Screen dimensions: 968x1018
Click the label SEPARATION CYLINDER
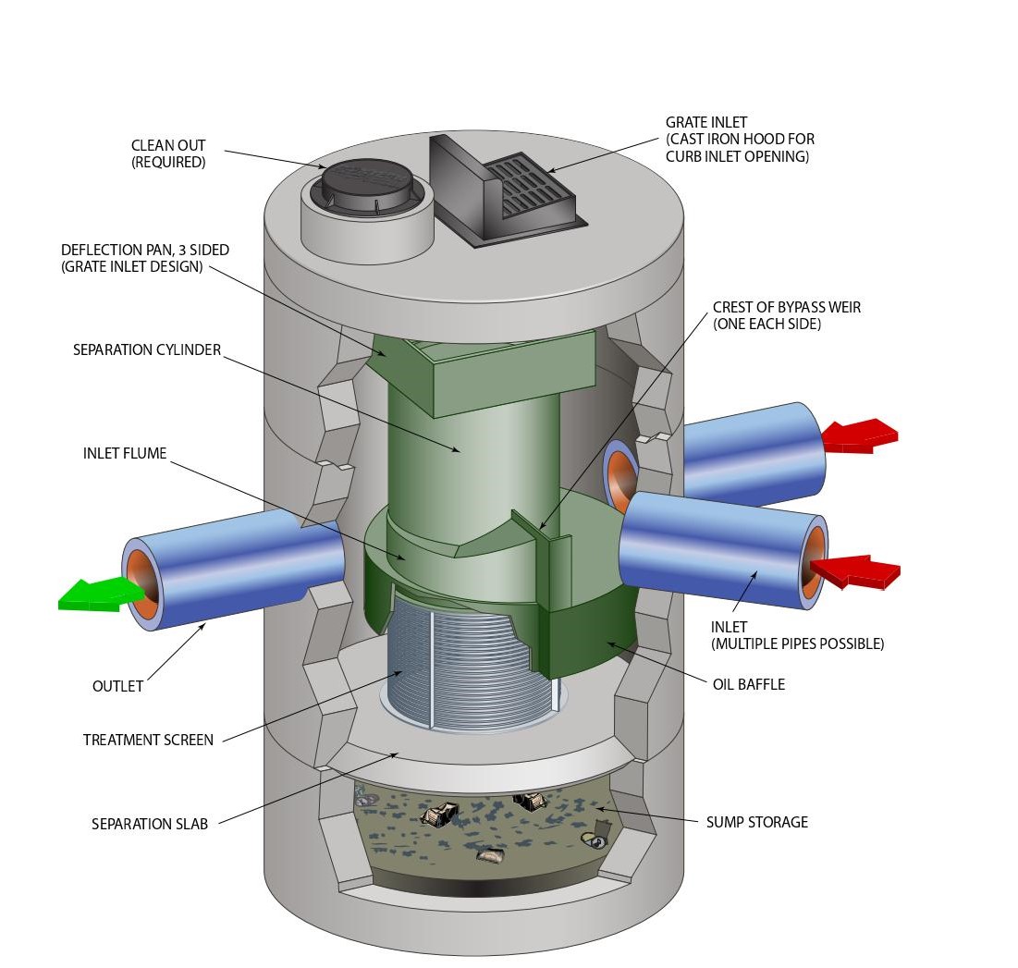pos(147,351)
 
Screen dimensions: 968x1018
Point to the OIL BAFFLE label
pos(748,685)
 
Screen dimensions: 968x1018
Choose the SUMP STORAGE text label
pos(756,822)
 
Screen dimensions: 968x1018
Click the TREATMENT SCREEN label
pos(148,740)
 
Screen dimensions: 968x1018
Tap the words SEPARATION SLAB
pos(149,824)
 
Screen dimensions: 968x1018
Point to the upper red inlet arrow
pos(859,435)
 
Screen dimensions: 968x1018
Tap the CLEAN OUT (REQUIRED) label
pos(168,153)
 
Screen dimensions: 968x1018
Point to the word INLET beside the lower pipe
pos(729,628)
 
